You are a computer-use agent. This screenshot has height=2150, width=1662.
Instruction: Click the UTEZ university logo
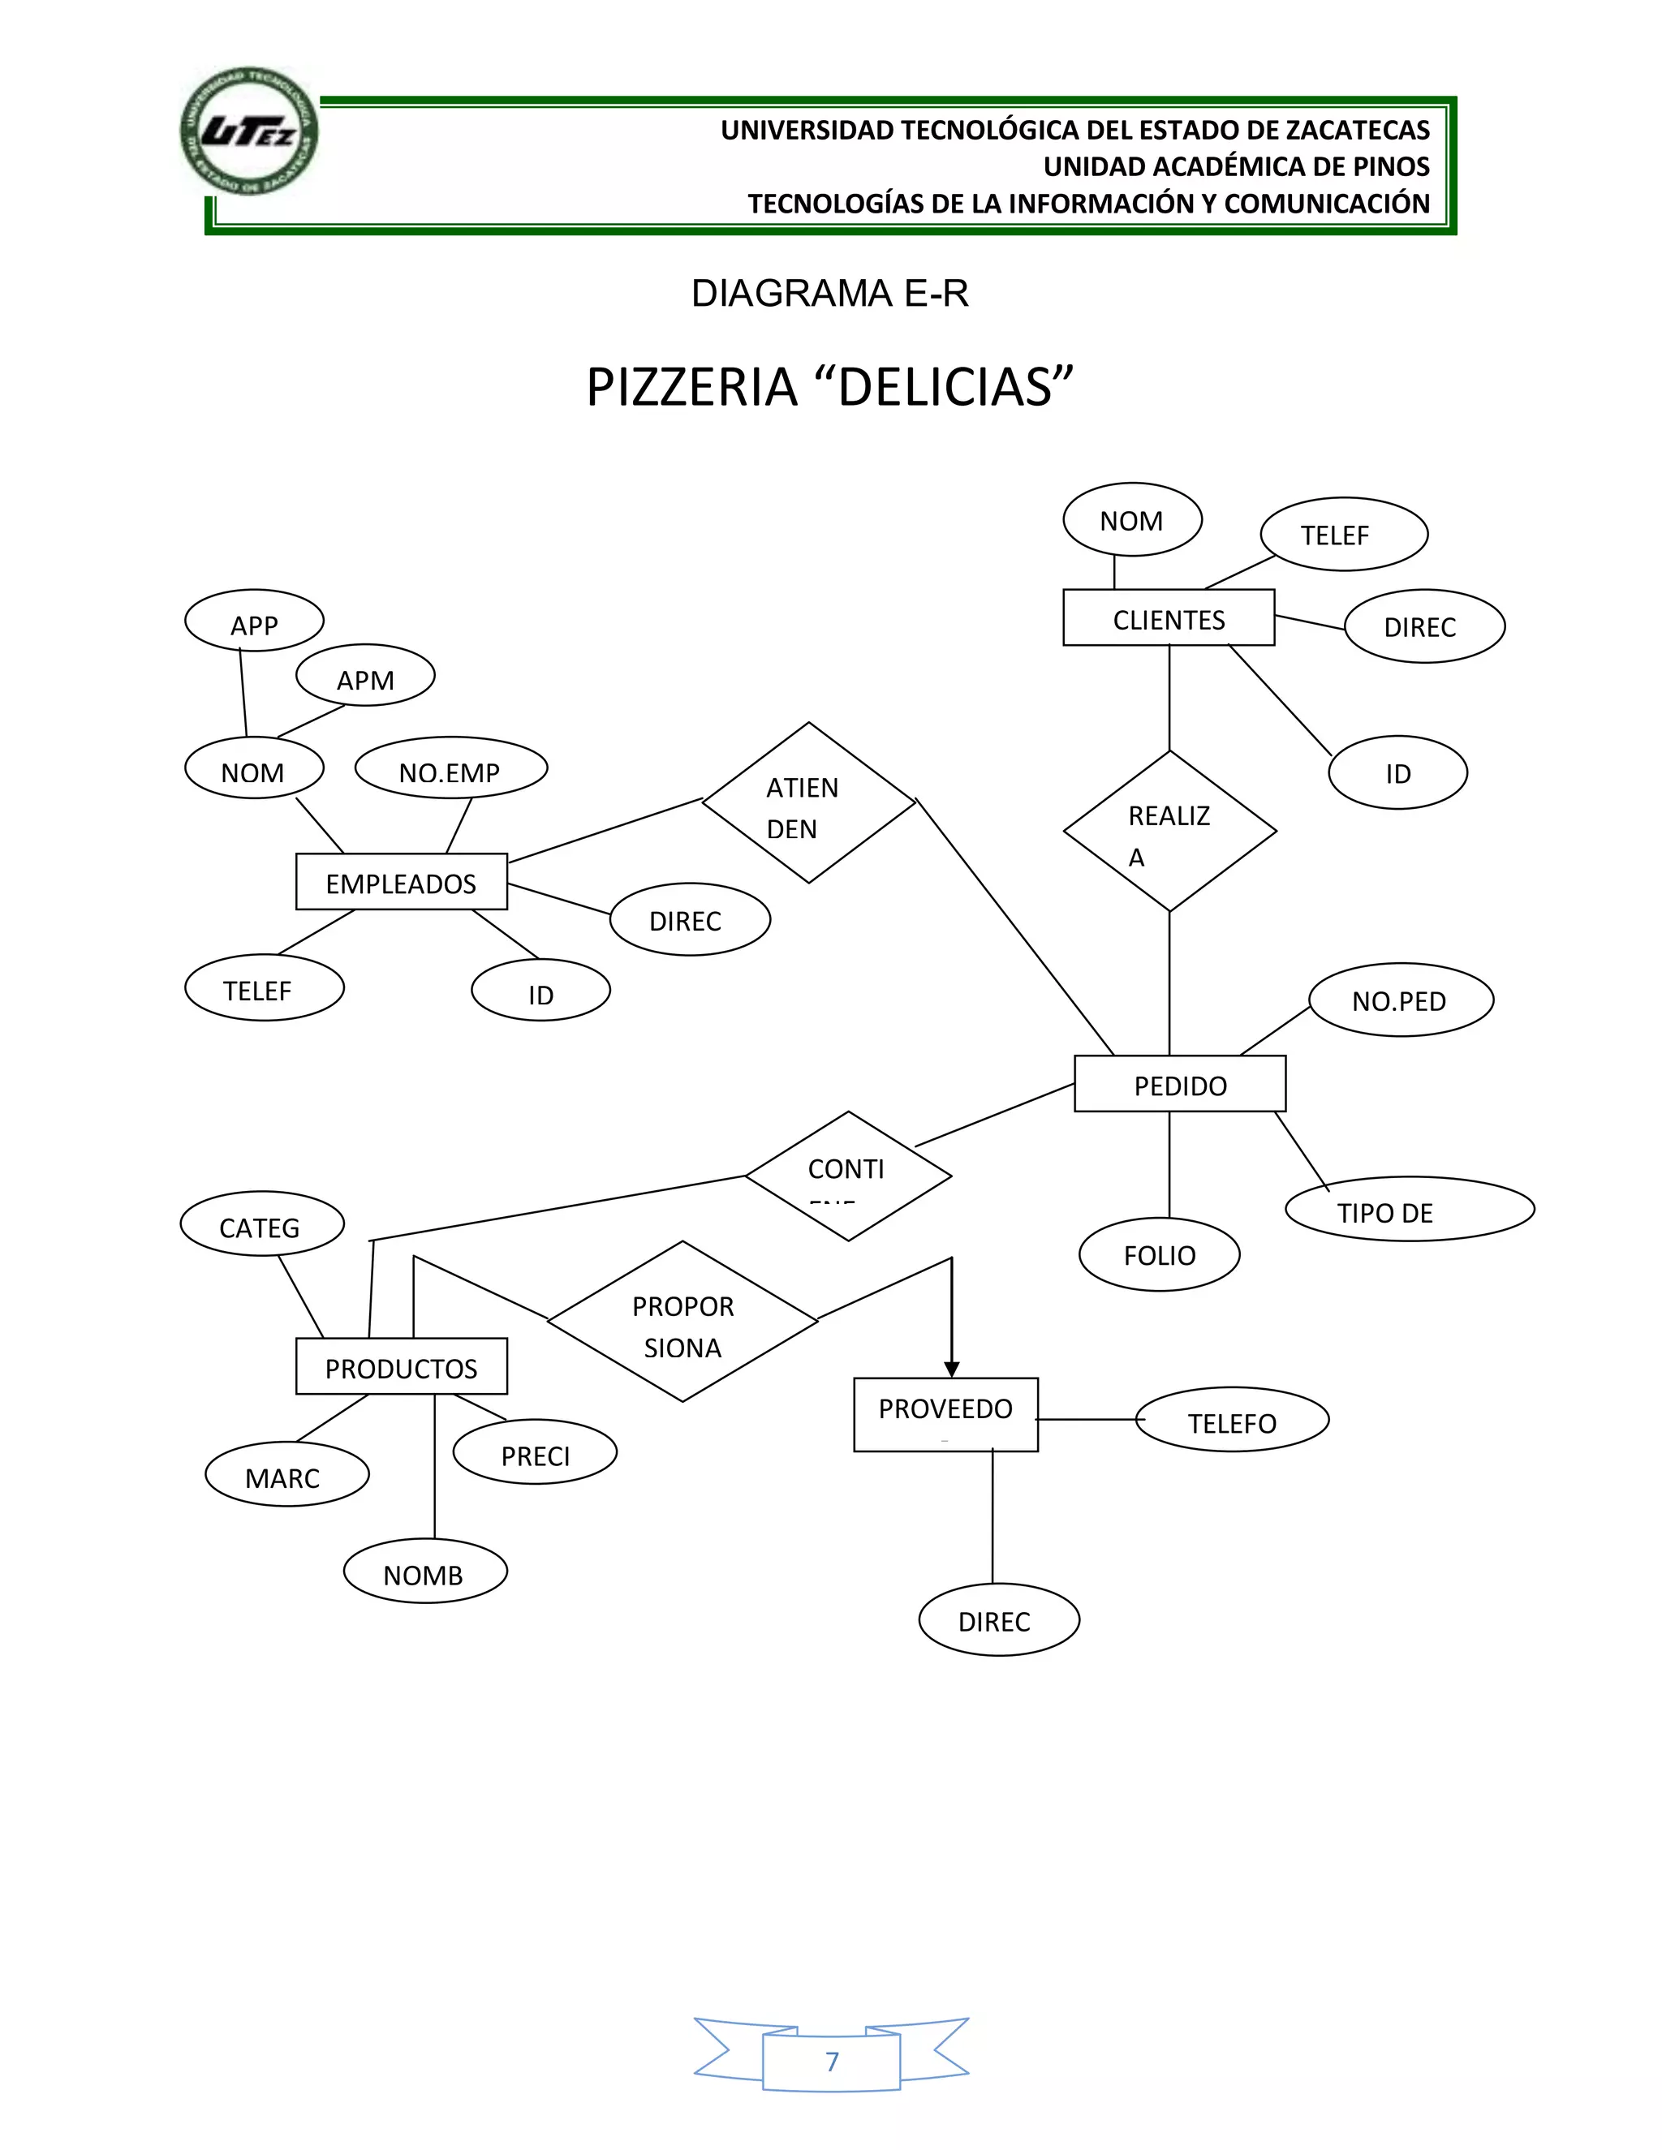coord(249,132)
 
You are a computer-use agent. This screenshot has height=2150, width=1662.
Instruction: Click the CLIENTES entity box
coord(1169,618)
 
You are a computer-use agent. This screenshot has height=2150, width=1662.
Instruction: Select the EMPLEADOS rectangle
coord(401,882)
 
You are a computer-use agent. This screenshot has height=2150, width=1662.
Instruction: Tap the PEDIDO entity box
coord(1179,1084)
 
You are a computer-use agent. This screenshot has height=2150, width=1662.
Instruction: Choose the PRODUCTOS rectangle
coord(401,1366)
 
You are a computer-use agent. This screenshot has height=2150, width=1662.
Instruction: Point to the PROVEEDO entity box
coord(945,1413)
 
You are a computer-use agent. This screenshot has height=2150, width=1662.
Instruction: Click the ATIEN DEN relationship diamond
coord(808,803)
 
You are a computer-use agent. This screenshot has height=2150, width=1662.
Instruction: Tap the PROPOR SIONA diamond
coord(682,1321)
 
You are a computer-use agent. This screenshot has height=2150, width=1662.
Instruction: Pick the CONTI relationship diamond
coord(848,1176)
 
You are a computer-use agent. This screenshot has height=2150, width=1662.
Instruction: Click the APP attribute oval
coord(254,621)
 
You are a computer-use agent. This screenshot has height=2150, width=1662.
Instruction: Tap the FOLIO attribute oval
coord(1159,1254)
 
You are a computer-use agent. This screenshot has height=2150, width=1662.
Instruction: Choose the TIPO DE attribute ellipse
coord(1409,1209)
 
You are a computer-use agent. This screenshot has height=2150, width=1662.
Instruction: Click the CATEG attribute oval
coord(262,1224)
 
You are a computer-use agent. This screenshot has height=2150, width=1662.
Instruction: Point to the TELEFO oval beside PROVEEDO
coord(1232,1421)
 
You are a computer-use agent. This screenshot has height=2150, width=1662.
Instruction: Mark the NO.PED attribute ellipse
coord(1400,1000)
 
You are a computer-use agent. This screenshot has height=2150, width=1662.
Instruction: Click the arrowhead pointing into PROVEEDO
coord(951,1369)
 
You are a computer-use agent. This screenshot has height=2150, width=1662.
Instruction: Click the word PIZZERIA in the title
coord(691,387)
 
